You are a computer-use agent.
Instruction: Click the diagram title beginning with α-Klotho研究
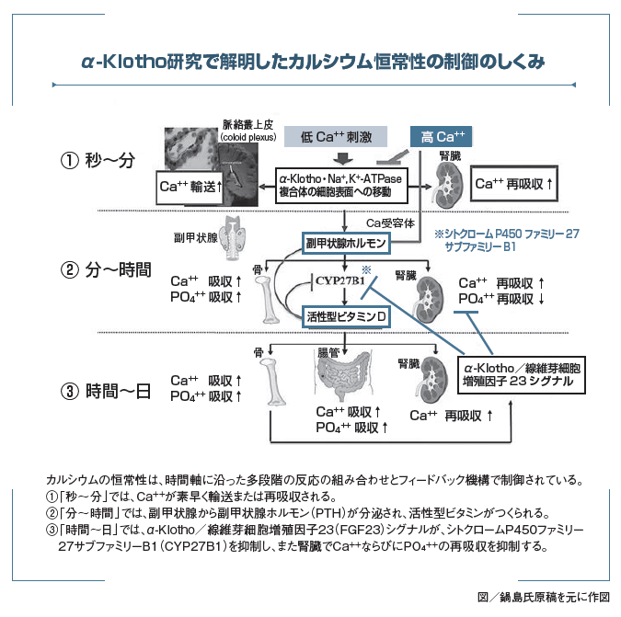[312, 63]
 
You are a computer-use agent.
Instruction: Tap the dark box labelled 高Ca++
[443, 137]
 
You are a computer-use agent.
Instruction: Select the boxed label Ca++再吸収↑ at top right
[514, 183]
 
